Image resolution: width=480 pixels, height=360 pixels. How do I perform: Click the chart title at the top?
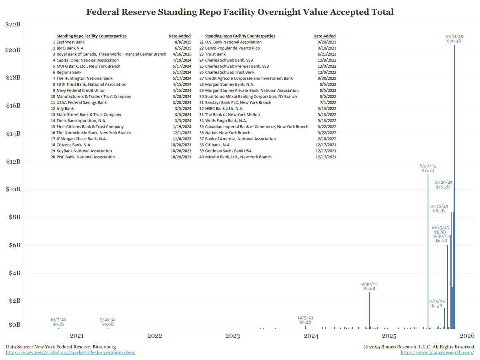[240, 12]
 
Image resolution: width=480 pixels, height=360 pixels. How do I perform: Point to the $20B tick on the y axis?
[13, 50]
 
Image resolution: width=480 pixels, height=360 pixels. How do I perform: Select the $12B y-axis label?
[13, 162]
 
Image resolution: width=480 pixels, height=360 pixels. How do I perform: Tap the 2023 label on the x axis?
[233, 336]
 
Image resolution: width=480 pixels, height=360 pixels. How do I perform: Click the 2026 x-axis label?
[467, 336]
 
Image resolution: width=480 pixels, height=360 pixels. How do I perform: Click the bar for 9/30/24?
[370, 310]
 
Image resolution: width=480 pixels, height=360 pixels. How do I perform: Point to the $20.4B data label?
[454, 41]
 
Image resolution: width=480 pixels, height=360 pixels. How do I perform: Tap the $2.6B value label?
[370, 288]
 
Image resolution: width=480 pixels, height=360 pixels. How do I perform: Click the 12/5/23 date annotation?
[306, 316]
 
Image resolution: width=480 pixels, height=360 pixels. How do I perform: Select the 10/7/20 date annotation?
[58, 320]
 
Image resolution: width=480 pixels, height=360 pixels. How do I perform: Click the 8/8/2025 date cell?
[183, 42]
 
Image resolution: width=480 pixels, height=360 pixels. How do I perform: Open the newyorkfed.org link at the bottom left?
[70, 352]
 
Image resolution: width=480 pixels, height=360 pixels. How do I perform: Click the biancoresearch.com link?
[437, 352]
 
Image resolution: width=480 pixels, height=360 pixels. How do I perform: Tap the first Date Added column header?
[180, 36]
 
